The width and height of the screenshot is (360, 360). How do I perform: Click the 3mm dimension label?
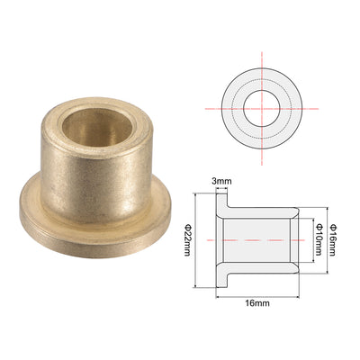(221, 181)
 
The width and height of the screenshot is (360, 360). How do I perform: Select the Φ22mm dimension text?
(187, 240)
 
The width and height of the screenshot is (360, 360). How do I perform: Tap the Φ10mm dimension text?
(319, 239)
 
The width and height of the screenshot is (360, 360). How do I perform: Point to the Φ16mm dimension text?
(332, 240)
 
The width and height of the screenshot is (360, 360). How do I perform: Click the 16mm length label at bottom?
(257, 303)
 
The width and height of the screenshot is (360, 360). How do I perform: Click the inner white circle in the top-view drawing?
(262, 109)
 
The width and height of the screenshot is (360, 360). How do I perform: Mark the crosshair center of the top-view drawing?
(262, 109)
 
